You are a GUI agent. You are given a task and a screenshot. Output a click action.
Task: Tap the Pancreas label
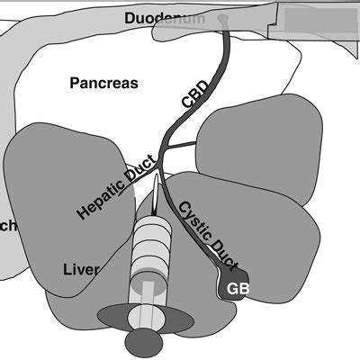(x=103, y=83)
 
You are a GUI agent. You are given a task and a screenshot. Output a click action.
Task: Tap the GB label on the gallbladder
(x=238, y=289)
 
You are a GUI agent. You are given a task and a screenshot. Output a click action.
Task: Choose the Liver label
(x=80, y=269)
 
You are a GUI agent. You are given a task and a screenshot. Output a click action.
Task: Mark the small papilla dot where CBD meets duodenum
(x=222, y=19)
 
